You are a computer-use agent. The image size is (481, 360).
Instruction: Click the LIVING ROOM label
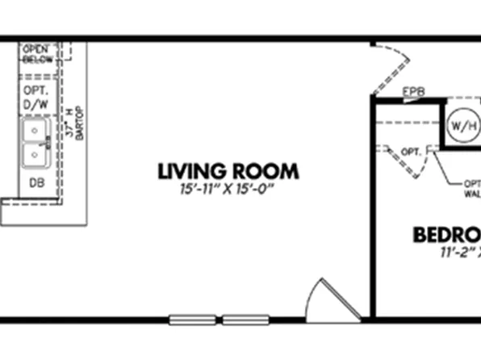click(x=228, y=171)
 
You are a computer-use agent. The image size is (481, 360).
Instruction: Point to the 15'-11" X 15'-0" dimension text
click(x=228, y=190)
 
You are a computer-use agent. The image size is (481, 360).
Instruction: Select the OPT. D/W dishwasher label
click(x=36, y=97)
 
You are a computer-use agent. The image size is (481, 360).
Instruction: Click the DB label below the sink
click(x=36, y=182)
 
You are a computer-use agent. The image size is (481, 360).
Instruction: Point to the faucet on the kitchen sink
click(x=48, y=141)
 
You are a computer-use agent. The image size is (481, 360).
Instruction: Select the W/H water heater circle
click(x=462, y=126)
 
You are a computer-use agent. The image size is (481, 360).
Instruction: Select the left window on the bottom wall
click(x=192, y=318)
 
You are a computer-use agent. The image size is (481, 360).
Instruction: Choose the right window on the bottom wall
click(x=245, y=318)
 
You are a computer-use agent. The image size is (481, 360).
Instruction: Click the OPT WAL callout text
click(x=471, y=188)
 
